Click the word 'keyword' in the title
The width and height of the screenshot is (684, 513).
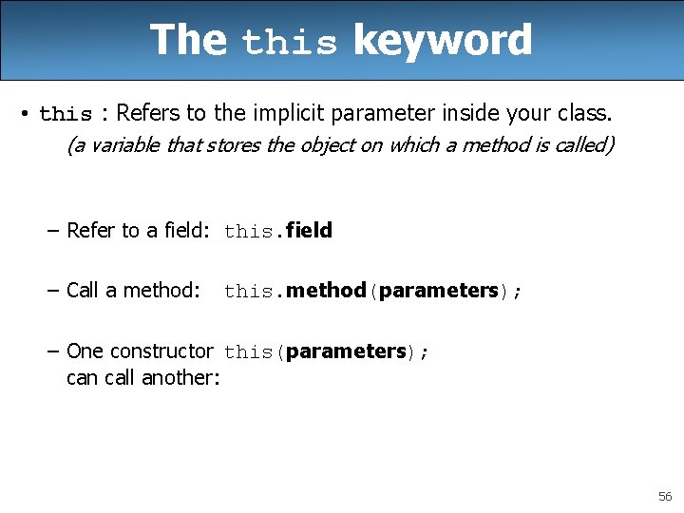click(x=442, y=41)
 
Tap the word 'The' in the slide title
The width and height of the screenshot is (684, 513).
click(x=188, y=41)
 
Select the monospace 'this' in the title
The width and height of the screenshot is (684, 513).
click(x=290, y=44)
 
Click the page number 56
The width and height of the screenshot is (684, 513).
click(x=665, y=497)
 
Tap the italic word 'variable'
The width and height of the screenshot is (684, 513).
click(x=123, y=145)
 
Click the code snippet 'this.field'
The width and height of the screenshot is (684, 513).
click(x=278, y=231)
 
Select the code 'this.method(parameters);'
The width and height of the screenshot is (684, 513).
click(x=372, y=291)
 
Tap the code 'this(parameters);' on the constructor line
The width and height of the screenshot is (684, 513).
click(x=327, y=351)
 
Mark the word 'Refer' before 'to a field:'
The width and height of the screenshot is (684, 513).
click(x=91, y=231)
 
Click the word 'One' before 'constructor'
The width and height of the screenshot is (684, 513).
click(x=85, y=351)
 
